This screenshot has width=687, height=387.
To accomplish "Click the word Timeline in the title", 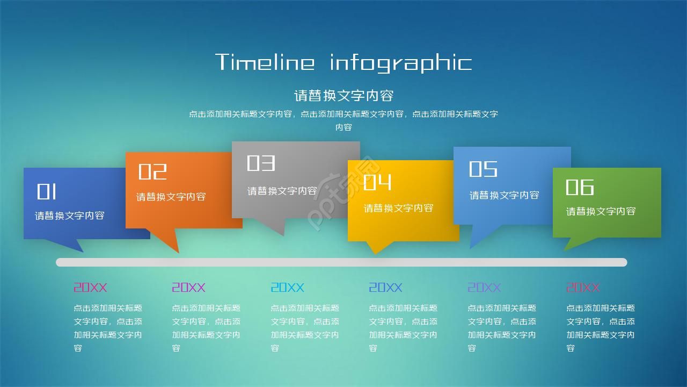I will pos(265,62).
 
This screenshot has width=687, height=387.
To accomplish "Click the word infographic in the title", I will pos(400,63).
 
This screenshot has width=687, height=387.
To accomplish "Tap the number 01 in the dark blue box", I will pos(47,192).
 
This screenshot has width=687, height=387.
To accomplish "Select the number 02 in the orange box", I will pos(152,172).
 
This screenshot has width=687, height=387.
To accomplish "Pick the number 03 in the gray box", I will pos(261,163).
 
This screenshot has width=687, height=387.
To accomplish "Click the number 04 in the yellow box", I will pos(377,183).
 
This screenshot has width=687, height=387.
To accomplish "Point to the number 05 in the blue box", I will pos(483,169).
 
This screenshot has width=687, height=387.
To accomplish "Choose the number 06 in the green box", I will pos(580,187).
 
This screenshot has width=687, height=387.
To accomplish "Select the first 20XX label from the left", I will pos(90,288).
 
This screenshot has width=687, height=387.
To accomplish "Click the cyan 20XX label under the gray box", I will pos(287,288).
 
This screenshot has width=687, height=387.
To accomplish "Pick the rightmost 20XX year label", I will pos(583,288).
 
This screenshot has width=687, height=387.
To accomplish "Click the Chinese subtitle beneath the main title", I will pos(343,96).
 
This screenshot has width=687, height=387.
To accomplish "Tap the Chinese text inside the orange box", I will pos(171,197).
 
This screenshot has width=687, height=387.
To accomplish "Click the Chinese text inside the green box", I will pos(601,211).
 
